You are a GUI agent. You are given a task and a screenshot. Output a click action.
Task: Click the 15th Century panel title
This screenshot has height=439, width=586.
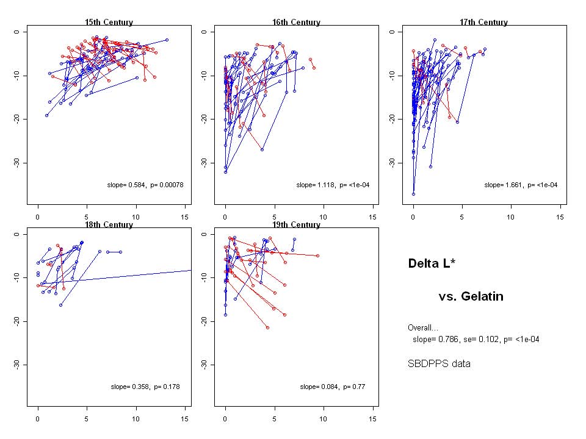(109, 23)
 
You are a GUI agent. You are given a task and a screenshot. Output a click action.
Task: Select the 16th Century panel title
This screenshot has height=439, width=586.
(296, 23)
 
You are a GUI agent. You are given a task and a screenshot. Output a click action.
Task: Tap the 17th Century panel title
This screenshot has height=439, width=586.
(483, 23)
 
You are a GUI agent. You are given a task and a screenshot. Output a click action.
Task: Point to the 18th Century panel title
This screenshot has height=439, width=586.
(109, 225)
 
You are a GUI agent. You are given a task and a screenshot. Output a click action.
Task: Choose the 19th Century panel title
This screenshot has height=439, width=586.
(296, 225)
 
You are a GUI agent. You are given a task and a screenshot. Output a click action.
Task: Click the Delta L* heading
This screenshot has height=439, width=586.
(432, 263)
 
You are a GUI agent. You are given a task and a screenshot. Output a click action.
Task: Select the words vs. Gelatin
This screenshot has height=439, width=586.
(471, 297)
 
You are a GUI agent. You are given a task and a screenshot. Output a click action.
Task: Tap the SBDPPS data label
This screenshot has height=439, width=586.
(439, 364)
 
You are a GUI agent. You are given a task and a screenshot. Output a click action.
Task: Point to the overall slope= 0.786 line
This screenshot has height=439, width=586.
(476, 339)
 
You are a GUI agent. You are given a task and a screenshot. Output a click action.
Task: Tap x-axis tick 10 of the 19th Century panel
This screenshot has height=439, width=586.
(323, 419)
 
